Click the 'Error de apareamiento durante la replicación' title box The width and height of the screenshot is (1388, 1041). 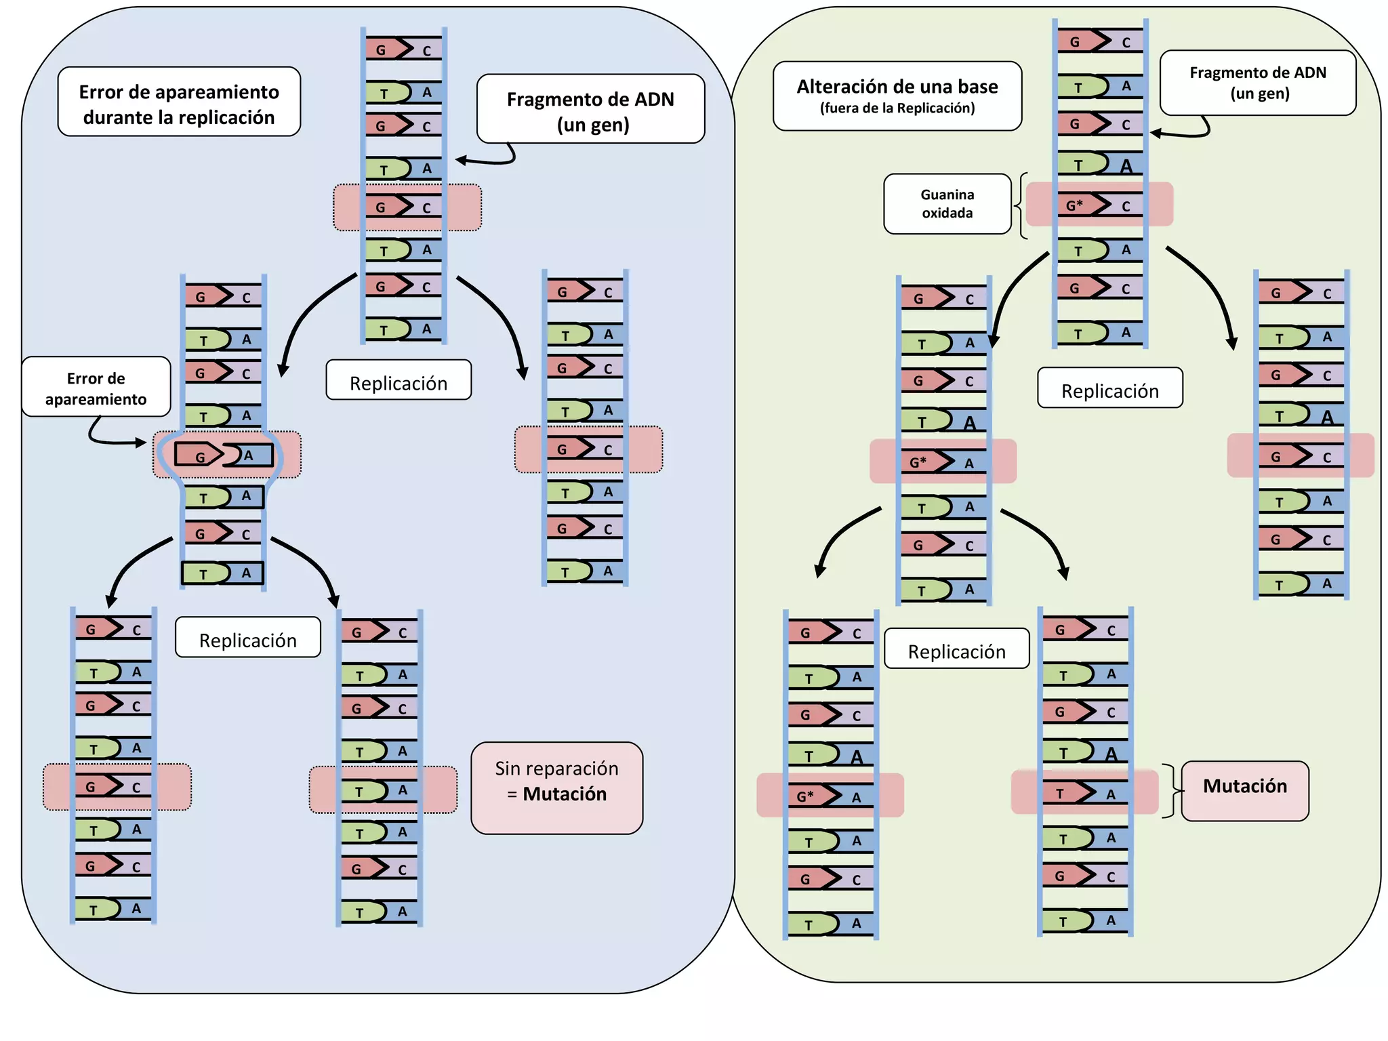pos(179,102)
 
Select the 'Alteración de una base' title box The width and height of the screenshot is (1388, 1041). pos(897,96)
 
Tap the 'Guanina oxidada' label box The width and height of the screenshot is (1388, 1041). pos(947,204)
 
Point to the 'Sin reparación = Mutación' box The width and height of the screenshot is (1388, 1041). pos(556,788)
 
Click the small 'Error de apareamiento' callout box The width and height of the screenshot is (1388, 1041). pos(96,387)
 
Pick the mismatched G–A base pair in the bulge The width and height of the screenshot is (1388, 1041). pos(224,455)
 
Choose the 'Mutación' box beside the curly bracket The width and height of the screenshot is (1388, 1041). pos(1244,790)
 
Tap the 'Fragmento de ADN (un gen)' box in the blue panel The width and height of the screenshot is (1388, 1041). pos(590,109)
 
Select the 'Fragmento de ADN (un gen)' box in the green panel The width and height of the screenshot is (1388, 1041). pos(1258,83)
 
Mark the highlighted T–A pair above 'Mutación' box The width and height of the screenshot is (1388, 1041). pos(1084,794)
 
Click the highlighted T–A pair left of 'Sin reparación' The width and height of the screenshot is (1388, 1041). pos(380,791)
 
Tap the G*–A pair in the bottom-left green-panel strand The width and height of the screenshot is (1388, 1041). pos(830,796)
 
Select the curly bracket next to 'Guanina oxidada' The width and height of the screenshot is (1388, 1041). pos(1020,205)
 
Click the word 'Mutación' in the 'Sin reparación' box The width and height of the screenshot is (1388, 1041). pos(565,794)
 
